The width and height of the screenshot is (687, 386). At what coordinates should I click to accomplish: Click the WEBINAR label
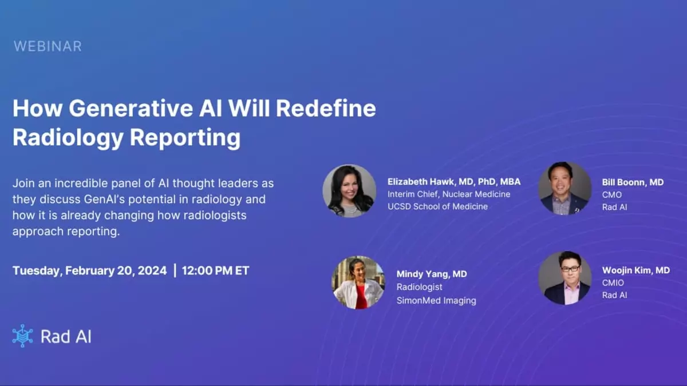click(x=48, y=46)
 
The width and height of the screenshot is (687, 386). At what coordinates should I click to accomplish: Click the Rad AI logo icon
click(x=22, y=336)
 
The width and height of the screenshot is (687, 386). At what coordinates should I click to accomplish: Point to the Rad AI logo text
click(x=66, y=336)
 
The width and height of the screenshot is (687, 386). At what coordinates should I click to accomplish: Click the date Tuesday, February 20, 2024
click(x=90, y=270)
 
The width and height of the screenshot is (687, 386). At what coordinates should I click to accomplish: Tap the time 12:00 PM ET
click(x=215, y=270)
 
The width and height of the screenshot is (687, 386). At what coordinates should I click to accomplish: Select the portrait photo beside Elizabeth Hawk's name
click(x=349, y=191)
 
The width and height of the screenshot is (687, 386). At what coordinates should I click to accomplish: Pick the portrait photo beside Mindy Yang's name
click(x=358, y=282)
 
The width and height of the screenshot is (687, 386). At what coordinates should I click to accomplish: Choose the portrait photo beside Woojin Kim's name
click(x=564, y=278)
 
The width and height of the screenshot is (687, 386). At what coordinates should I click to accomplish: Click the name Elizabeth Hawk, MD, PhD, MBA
click(x=454, y=182)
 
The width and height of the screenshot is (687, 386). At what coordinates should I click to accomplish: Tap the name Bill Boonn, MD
click(x=633, y=182)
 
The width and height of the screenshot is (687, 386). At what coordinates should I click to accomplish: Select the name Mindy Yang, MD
click(x=432, y=274)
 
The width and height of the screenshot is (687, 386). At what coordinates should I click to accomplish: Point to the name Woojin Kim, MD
click(x=635, y=270)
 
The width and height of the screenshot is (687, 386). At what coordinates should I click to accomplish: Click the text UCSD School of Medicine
click(x=437, y=206)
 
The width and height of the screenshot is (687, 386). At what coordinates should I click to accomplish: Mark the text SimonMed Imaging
click(x=436, y=300)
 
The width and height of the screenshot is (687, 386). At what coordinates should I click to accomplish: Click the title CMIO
click(x=613, y=282)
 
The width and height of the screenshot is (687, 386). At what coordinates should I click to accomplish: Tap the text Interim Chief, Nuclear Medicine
click(x=448, y=194)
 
